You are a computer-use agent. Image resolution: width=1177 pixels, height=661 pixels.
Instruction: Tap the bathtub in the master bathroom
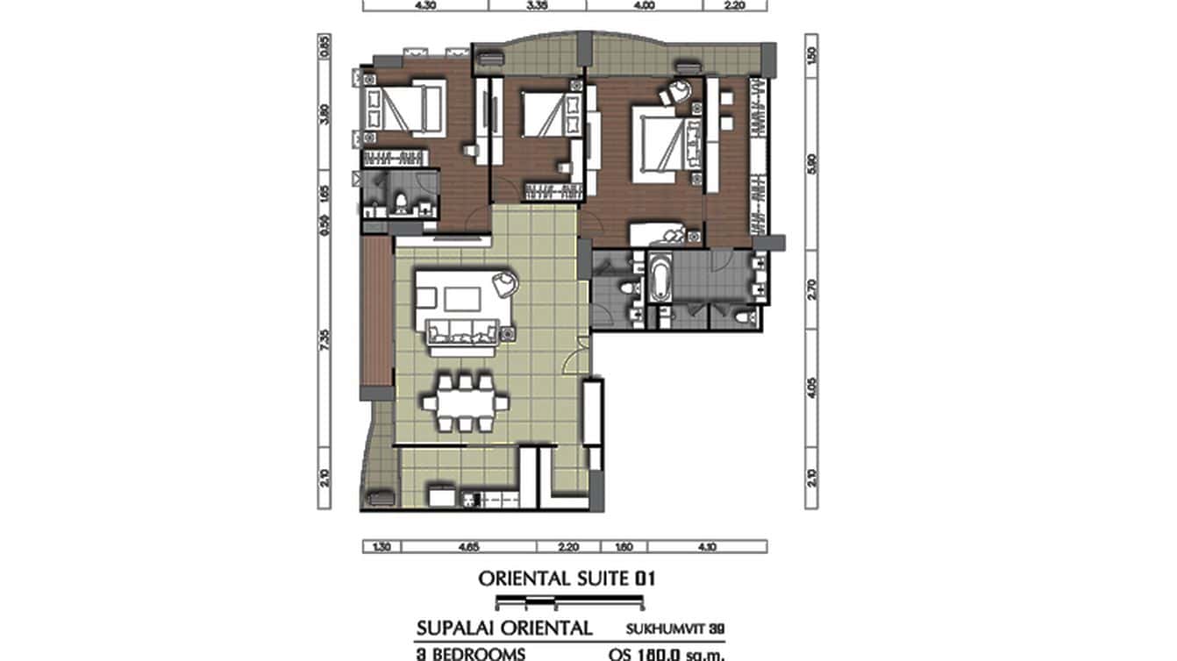coord(659,280)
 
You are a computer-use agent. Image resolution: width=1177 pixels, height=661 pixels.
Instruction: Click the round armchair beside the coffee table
coord(505,282)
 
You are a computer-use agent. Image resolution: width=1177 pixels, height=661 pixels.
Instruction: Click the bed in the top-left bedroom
coord(403,109)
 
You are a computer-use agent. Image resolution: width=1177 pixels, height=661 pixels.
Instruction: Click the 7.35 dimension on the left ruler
coord(325,338)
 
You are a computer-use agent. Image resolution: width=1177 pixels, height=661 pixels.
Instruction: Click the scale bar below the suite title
coord(569,602)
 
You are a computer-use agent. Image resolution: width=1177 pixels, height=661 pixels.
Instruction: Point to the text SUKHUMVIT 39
coord(676,629)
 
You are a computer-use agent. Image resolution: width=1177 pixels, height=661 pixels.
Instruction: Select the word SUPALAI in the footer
coord(455,629)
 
